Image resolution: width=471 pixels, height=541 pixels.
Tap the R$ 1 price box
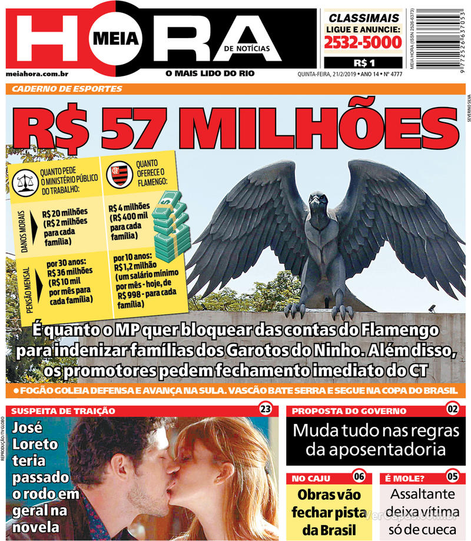pos(363,62)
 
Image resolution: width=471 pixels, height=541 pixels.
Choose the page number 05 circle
pos(452,476)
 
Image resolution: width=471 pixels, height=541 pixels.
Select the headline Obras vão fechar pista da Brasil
pos(329,512)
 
